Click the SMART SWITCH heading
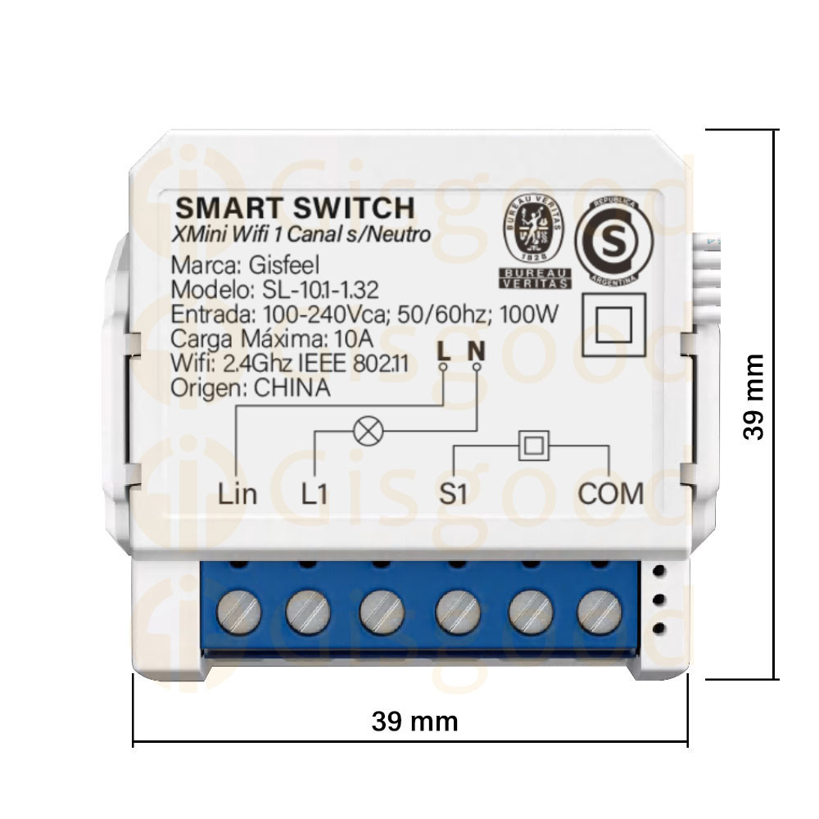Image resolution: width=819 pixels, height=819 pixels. click(295, 208)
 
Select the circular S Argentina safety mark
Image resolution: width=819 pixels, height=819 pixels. click(613, 240)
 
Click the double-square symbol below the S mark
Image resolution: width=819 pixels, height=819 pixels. click(613, 325)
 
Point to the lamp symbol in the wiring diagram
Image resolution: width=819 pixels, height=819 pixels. click(369, 431)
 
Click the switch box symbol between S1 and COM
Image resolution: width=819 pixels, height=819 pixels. click(533, 446)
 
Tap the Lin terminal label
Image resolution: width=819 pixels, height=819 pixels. click(238, 494)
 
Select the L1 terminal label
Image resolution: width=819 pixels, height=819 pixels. click(314, 494)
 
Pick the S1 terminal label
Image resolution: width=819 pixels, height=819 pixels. click(453, 494)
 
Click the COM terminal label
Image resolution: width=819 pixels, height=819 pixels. click(611, 494)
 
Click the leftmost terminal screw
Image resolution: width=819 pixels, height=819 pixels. click(238, 612)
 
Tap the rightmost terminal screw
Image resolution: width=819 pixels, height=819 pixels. click(600, 612)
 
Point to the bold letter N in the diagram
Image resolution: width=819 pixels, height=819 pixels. click(477, 351)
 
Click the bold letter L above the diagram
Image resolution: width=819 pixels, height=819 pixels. click(444, 351)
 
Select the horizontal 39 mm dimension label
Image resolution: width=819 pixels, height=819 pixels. click(414, 722)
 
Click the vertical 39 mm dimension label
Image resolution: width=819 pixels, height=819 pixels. click(753, 397)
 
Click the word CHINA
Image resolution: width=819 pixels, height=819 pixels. click(292, 387)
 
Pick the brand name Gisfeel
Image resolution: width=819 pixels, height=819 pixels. click(283, 266)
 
